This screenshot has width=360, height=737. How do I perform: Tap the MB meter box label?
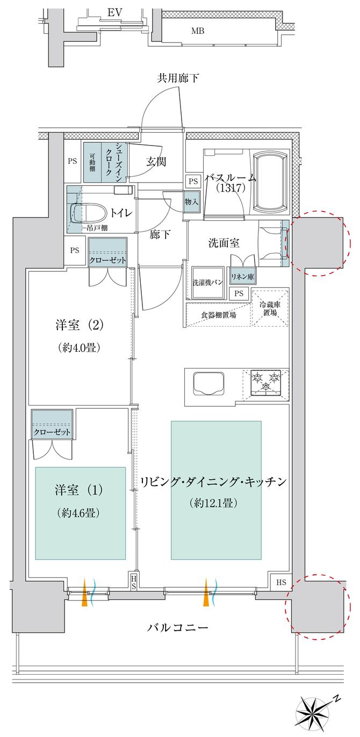(198, 31)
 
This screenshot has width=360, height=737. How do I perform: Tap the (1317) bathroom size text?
(231, 188)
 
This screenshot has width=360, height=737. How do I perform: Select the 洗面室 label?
(224, 243)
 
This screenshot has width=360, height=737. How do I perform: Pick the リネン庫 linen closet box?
(243, 276)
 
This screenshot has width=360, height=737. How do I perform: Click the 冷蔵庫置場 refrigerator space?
(271, 308)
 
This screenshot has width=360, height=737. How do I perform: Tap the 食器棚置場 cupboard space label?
(219, 315)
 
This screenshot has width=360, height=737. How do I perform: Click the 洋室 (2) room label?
(79, 325)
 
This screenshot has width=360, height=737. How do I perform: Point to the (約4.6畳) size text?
(79, 513)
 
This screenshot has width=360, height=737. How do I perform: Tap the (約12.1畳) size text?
(213, 503)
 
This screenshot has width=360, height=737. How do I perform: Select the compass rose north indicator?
(315, 712)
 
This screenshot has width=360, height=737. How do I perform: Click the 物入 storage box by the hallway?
(191, 201)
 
